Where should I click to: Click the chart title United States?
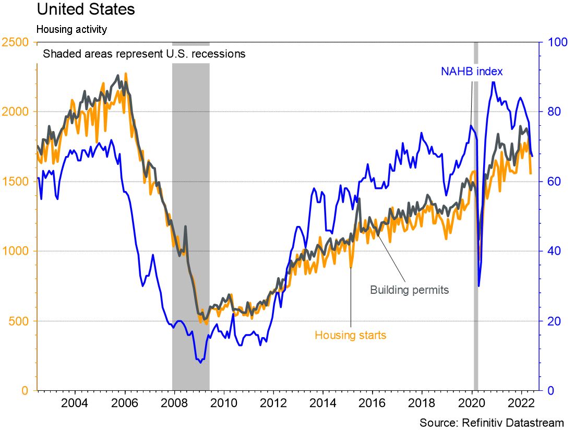tap(86, 9)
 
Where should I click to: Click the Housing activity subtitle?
tap(71, 29)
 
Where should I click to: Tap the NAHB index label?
tap(472, 71)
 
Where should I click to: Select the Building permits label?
tap(409, 290)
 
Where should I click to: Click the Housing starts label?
tap(350, 335)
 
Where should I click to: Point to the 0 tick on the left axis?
tap(24, 390)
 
